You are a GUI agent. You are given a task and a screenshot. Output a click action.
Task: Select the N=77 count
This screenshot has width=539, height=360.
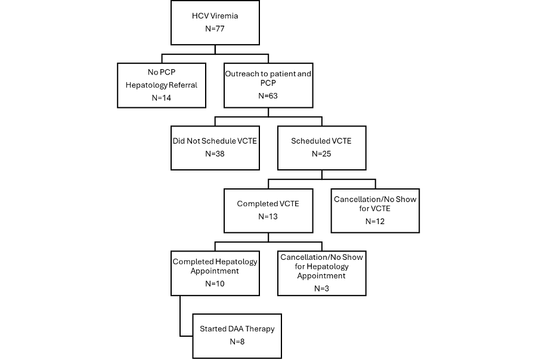(215, 29)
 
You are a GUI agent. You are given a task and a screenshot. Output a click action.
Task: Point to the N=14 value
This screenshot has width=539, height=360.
(162, 98)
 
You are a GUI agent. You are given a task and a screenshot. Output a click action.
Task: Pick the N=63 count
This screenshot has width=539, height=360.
(268, 96)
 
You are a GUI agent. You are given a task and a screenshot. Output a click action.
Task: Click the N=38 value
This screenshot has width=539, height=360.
(215, 154)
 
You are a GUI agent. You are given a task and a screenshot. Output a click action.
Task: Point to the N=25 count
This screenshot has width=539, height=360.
(321, 154)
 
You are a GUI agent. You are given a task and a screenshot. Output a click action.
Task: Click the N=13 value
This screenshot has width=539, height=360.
(268, 217)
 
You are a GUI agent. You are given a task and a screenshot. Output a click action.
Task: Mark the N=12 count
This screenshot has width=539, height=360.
(375, 222)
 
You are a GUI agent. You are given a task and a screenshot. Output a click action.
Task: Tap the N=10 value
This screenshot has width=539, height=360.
(215, 284)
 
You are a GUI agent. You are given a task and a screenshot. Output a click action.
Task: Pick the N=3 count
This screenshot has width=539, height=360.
(322, 288)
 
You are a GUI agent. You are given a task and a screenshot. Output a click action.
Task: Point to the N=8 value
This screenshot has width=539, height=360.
(237, 342)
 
